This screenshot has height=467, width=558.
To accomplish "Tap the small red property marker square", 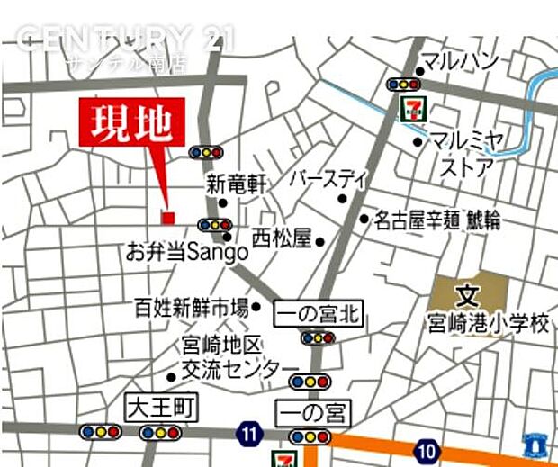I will click(167, 216).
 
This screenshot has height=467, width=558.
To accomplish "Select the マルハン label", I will click(460, 61).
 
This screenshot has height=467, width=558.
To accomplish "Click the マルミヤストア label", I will click(466, 154).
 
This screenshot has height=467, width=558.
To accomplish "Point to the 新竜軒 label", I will click(237, 184).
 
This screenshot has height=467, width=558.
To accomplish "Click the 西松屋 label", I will click(281, 238).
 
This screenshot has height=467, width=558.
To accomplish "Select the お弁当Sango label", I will click(187, 251).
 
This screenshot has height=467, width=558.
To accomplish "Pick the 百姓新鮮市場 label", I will click(191, 308).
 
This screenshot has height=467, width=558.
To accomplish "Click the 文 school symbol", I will click(466, 294).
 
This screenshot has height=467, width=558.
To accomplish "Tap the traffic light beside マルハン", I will click(402, 84).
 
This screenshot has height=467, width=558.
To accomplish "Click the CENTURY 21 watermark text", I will click(126, 38).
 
